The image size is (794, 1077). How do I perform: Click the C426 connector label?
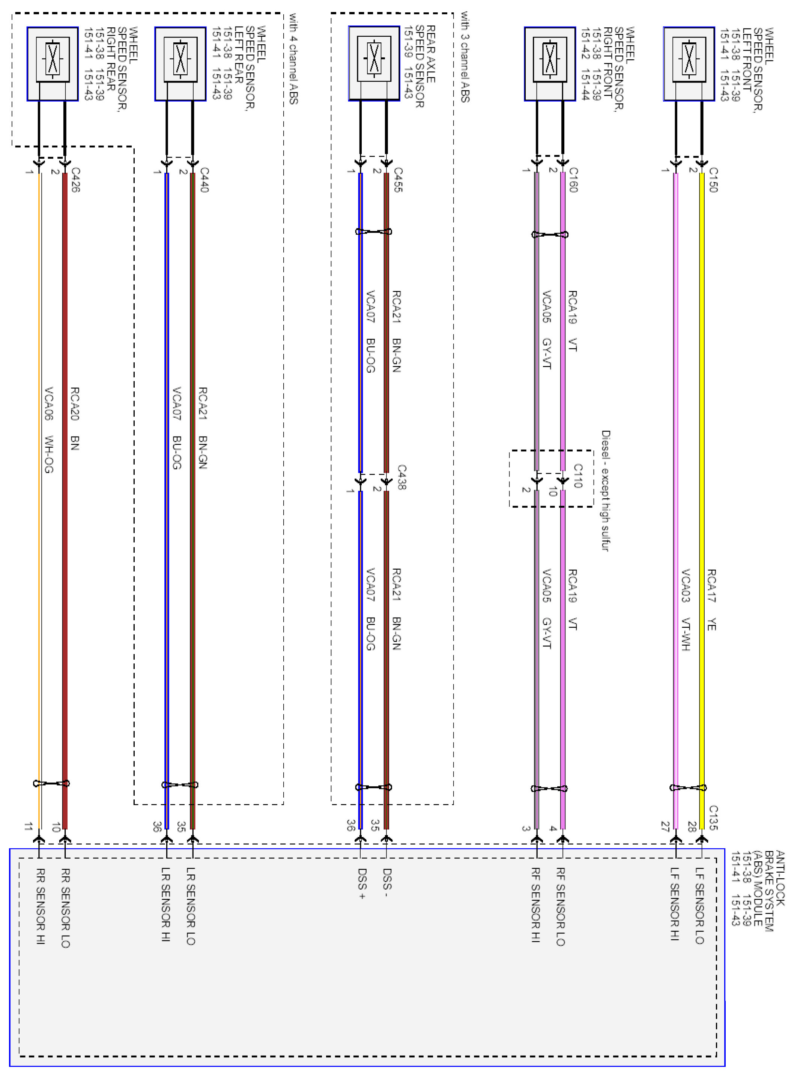[75, 180]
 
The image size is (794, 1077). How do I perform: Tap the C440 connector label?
[204, 180]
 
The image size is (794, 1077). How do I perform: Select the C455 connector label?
[398, 180]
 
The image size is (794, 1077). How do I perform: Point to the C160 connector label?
[573, 180]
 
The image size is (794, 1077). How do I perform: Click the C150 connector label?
[713, 180]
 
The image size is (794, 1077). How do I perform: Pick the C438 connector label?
[402, 477]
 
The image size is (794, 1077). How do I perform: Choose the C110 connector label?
[578, 475]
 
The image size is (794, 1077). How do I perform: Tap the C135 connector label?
[713, 817]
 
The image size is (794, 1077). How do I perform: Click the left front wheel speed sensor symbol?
[689, 63]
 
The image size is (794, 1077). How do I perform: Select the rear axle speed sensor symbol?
[374, 63]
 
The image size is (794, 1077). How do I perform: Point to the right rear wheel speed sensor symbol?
[53, 63]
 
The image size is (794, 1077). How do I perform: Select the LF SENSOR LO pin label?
[700, 906]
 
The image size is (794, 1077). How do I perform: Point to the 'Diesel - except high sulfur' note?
[606, 490]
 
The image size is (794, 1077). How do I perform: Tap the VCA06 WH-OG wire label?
[48, 430]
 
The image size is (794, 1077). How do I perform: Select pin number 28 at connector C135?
[692, 826]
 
